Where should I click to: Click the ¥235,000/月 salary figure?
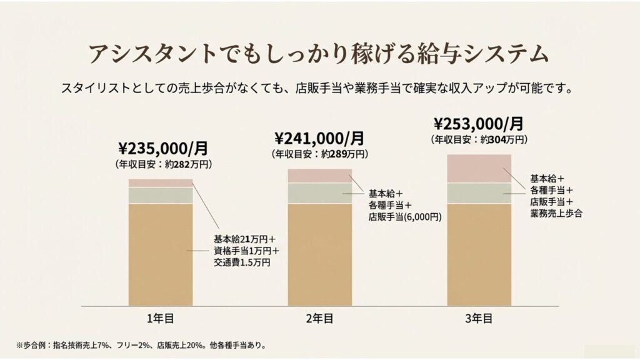[x=163, y=149]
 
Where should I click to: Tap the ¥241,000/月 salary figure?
[x=319, y=137]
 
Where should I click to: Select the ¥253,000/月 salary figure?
[x=479, y=123]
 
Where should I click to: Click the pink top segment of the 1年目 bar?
[x=161, y=183]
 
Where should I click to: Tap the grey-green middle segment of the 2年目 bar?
[x=319, y=193]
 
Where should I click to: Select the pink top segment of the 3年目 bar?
[x=479, y=168]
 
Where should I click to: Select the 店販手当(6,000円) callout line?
[x=405, y=217]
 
